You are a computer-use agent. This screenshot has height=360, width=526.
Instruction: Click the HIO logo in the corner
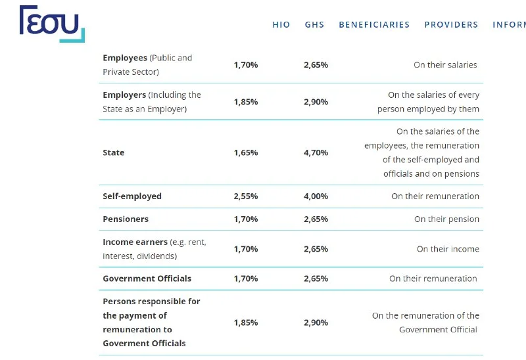[x=52, y=24]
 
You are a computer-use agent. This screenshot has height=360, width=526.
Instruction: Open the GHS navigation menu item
[x=314, y=25]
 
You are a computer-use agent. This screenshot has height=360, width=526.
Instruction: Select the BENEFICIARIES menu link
[x=374, y=25]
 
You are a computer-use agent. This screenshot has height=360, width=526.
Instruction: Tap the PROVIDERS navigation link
[x=451, y=25]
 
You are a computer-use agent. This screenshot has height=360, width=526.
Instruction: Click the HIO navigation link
[x=281, y=25]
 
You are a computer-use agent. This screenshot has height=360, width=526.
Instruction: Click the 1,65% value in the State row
[x=245, y=152]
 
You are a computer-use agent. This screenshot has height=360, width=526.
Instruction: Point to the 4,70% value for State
[x=316, y=152]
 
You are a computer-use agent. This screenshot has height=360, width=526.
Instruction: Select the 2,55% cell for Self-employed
[x=245, y=196]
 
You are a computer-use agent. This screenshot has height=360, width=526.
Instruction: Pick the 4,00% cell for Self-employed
[x=316, y=196]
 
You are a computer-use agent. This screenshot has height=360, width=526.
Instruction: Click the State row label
[x=113, y=152]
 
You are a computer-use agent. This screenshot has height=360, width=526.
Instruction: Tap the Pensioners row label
[x=126, y=219]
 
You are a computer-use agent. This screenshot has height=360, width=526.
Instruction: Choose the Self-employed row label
[x=132, y=196]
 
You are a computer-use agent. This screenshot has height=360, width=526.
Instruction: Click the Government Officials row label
[x=147, y=279]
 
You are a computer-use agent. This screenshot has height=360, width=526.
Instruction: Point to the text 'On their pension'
[x=446, y=219]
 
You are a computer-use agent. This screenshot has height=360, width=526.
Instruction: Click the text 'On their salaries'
[x=445, y=65]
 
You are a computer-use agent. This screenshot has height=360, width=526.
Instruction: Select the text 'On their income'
[x=448, y=249]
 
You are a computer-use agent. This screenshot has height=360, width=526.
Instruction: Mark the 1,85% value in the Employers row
[x=245, y=102]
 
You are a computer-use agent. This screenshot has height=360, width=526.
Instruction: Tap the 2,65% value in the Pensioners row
[x=316, y=219]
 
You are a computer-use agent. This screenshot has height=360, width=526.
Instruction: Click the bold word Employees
[x=125, y=58]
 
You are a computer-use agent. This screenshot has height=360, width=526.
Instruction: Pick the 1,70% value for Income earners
[x=245, y=249]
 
